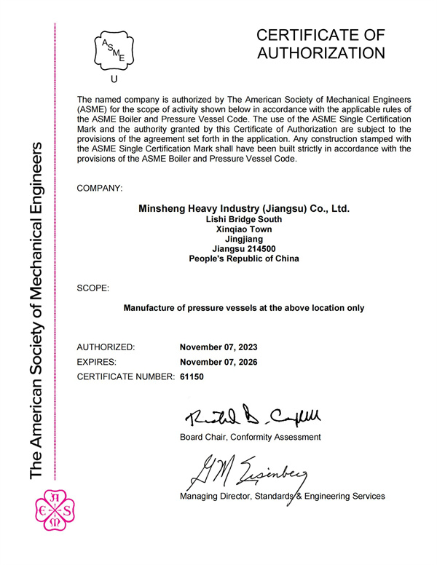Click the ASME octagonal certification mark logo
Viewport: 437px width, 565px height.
point(113,50)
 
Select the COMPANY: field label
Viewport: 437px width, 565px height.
point(100,189)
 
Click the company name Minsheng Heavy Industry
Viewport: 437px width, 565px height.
point(244,208)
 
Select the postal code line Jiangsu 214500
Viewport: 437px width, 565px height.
point(244,248)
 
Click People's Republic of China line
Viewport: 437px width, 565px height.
point(244,258)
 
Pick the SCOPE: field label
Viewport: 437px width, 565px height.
point(92,288)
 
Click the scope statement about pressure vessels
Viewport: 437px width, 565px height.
point(244,308)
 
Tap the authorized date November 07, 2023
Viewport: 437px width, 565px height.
point(219,347)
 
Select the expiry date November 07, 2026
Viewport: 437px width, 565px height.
point(219,362)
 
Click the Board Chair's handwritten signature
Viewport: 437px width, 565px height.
point(251,416)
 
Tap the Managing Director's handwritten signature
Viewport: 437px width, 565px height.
point(248,474)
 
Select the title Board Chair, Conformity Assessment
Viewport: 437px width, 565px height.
point(250,437)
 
